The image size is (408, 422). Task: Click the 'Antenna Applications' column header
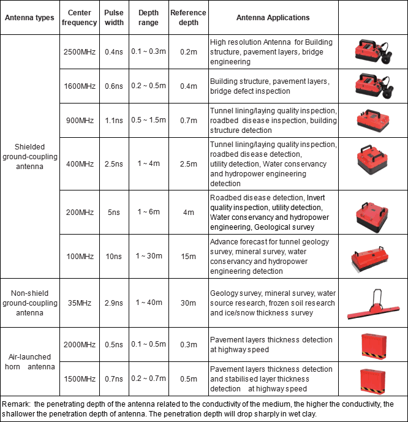click(273, 18)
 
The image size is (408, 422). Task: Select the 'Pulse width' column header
click(113, 18)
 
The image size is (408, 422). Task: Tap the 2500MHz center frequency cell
click(79, 51)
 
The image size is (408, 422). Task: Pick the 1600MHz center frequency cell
click(79, 86)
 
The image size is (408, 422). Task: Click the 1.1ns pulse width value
click(113, 120)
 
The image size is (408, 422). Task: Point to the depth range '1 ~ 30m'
click(148, 255)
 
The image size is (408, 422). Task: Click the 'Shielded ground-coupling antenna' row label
click(31, 157)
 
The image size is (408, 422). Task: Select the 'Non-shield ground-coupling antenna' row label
click(31, 303)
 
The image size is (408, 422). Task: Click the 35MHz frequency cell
click(79, 303)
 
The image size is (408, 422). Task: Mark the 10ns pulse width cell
click(113, 255)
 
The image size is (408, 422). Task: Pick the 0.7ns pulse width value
click(113, 379)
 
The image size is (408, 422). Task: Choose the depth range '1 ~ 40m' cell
click(148, 303)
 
